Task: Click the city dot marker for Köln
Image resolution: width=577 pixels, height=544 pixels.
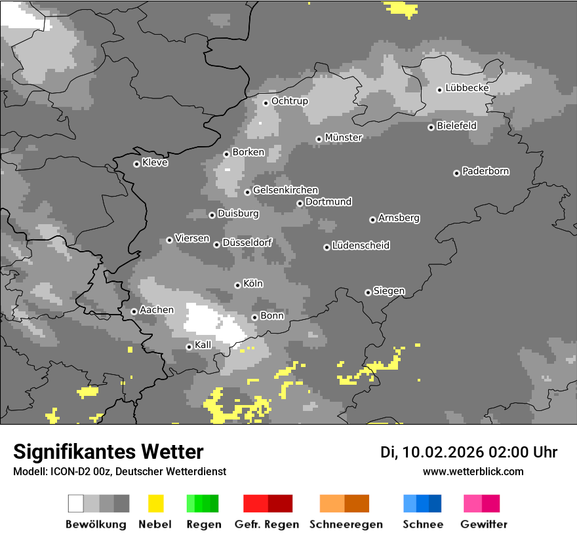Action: click(x=237, y=285)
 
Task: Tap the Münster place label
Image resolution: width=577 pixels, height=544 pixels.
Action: click(x=343, y=138)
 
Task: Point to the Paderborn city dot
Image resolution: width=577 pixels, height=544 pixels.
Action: click(x=456, y=173)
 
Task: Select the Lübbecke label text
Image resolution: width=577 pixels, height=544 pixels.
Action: click(x=467, y=88)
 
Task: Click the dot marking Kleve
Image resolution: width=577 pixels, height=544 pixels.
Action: click(x=136, y=164)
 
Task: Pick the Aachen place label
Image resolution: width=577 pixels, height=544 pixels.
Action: click(x=157, y=310)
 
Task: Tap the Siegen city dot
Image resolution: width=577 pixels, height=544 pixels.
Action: click(x=368, y=292)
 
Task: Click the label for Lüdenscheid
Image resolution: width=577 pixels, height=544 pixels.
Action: click(x=361, y=246)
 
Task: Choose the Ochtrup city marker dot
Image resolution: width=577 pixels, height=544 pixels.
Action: click(x=266, y=102)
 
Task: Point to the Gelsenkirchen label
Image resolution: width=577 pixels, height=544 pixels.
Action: click(x=285, y=190)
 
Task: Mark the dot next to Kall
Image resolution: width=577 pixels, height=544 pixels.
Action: click(x=189, y=347)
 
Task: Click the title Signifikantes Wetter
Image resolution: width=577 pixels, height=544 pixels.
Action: click(x=108, y=452)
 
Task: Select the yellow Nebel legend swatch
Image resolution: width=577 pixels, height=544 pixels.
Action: click(x=155, y=503)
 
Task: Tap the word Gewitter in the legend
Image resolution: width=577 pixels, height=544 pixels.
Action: click(x=484, y=524)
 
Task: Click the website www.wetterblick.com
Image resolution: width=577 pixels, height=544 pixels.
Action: click(x=473, y=471)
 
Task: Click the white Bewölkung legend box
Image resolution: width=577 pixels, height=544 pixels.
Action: click(x=76, y=503)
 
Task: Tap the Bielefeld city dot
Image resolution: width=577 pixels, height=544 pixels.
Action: click(x=431, y=127)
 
